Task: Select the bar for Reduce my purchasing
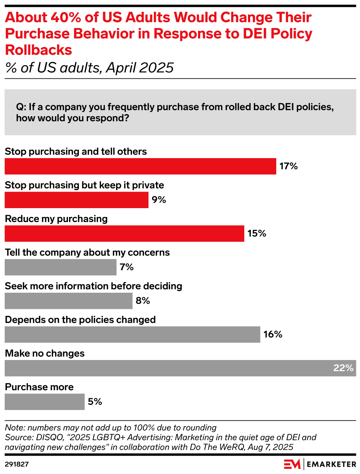pyautogui.click(x=124, y=234)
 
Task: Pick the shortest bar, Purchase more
pyautogui.click(x=44, y=402)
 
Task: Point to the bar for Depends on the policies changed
pyautogui.click(x=132, y=334)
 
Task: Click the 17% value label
pyautogui.click(x=288, y=166)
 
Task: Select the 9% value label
pyautogui.click(x=159, y=200)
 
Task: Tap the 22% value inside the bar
pyautogui.click(x=343, y=368)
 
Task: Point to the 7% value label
pyautogui.click(x=127, y=267)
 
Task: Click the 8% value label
pyautogui.click(x=143, y=301)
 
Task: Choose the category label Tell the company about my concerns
pyautogui.click(x=87, y=253)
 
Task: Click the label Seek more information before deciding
pyautogui.click(x=93, y=286)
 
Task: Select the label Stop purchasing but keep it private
pyautogui.click(x=84, y=185)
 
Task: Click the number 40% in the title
pyautogui.click(x=66, y=18)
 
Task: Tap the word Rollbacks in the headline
pyautogui.click(x=39, y=50)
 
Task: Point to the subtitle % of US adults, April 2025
pyautogui.click(x=89, y=68)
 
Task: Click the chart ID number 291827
pyautogui.click(x=17, y=464)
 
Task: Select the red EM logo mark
pyautogui.click(x=292, y=464)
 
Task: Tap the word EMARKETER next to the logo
pyautogui.click(x=331, y=464)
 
